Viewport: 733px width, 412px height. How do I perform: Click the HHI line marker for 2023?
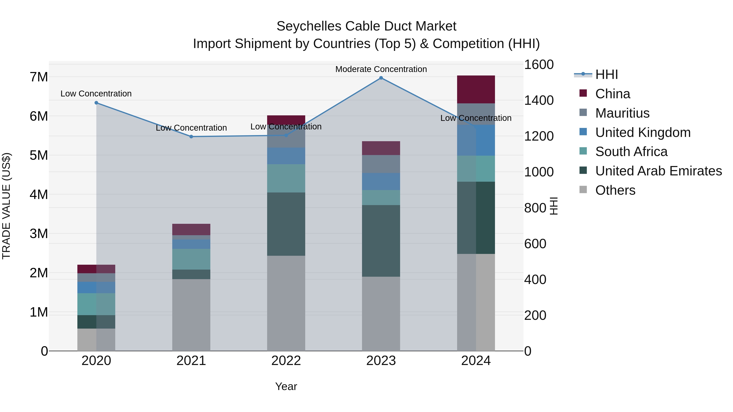pos(381,78)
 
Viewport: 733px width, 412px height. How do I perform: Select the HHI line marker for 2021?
pos(191,137)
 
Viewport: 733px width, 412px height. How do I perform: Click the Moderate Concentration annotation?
pos(381,69)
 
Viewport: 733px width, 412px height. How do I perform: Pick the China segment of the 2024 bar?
pos(476,89)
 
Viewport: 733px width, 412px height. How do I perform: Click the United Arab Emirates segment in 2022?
pos(286,224)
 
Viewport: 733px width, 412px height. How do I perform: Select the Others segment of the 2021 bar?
pos(191,315)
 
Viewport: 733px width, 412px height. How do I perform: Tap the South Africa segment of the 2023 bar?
pos(381,198)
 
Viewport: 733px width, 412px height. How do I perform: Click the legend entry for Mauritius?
pos(622,113)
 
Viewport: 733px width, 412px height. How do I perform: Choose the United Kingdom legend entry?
pos(643,132)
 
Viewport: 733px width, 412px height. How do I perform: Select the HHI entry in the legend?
pos(606,74)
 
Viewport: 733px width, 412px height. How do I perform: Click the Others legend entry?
pos(615,190)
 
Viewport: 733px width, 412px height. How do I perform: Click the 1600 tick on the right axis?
pos(539,64)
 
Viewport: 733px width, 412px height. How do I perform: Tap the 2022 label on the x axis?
pos(286,361)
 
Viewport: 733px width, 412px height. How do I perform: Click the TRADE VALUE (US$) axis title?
pos(6,206)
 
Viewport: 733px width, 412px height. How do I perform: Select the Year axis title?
pos(286,386)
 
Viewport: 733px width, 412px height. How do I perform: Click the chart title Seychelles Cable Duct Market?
pos(366,26)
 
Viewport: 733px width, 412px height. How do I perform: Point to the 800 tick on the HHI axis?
pos(535,208)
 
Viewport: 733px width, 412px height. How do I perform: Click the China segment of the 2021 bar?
pos(191,229)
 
